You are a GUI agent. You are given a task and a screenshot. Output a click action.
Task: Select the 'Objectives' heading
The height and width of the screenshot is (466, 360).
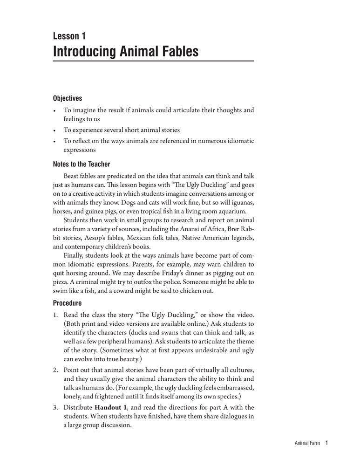click(68, 98)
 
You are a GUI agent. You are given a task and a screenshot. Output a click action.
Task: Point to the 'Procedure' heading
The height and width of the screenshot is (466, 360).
click(68, 303)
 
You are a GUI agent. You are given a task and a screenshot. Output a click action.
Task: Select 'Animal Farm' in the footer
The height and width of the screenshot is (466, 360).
click(307, 444)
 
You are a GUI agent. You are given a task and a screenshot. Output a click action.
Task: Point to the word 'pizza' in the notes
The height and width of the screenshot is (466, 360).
click(61, 282)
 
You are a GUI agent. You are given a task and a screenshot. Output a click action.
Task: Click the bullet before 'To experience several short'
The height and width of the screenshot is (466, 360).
click(55, 130)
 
